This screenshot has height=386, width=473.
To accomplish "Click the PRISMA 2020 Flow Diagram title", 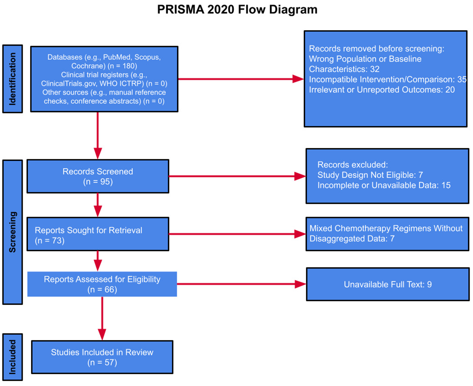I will tap(237, 9).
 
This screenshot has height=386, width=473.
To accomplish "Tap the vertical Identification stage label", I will tap(12, 79).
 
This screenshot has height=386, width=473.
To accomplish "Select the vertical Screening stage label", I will tap(12, 232).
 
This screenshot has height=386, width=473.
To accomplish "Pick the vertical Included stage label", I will tap(12, 357).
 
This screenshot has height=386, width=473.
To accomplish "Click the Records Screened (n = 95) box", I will tap(98, 176).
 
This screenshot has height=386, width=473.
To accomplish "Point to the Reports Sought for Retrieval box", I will tap(98, 234).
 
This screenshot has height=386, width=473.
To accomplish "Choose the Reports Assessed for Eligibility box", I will tap(102, 284).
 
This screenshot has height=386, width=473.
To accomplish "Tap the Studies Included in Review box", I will tap(102, 357).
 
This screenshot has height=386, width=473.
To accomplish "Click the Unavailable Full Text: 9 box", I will tap(388, 284).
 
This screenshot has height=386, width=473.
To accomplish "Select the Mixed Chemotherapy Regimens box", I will tap(387, 234).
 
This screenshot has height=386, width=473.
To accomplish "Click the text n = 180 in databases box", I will tap(122, 66).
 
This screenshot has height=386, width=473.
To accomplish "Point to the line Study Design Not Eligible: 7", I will tap(370, 175).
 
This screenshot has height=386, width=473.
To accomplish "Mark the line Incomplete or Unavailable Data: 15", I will tap(384, 185).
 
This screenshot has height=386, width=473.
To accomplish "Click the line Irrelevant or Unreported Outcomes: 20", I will tap(382, 90).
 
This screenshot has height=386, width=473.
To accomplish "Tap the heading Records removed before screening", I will tap(376, 49).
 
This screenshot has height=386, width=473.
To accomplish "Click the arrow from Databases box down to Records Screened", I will tap(98, 135).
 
